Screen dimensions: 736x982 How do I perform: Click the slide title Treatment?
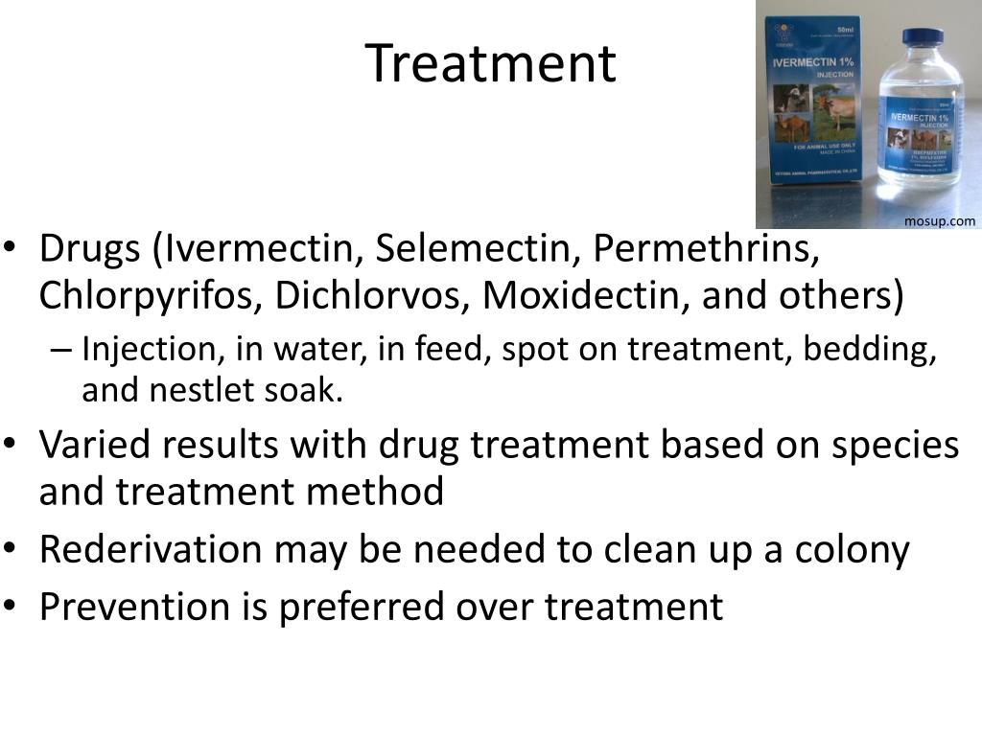(x=490, y=63)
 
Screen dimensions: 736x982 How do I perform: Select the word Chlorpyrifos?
(x=148, y=296)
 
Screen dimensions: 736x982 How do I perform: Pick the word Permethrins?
(x=706, y=249)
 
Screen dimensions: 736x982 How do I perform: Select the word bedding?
(x=870, y=351)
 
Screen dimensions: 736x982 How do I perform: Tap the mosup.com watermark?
(x=940, y=221)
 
